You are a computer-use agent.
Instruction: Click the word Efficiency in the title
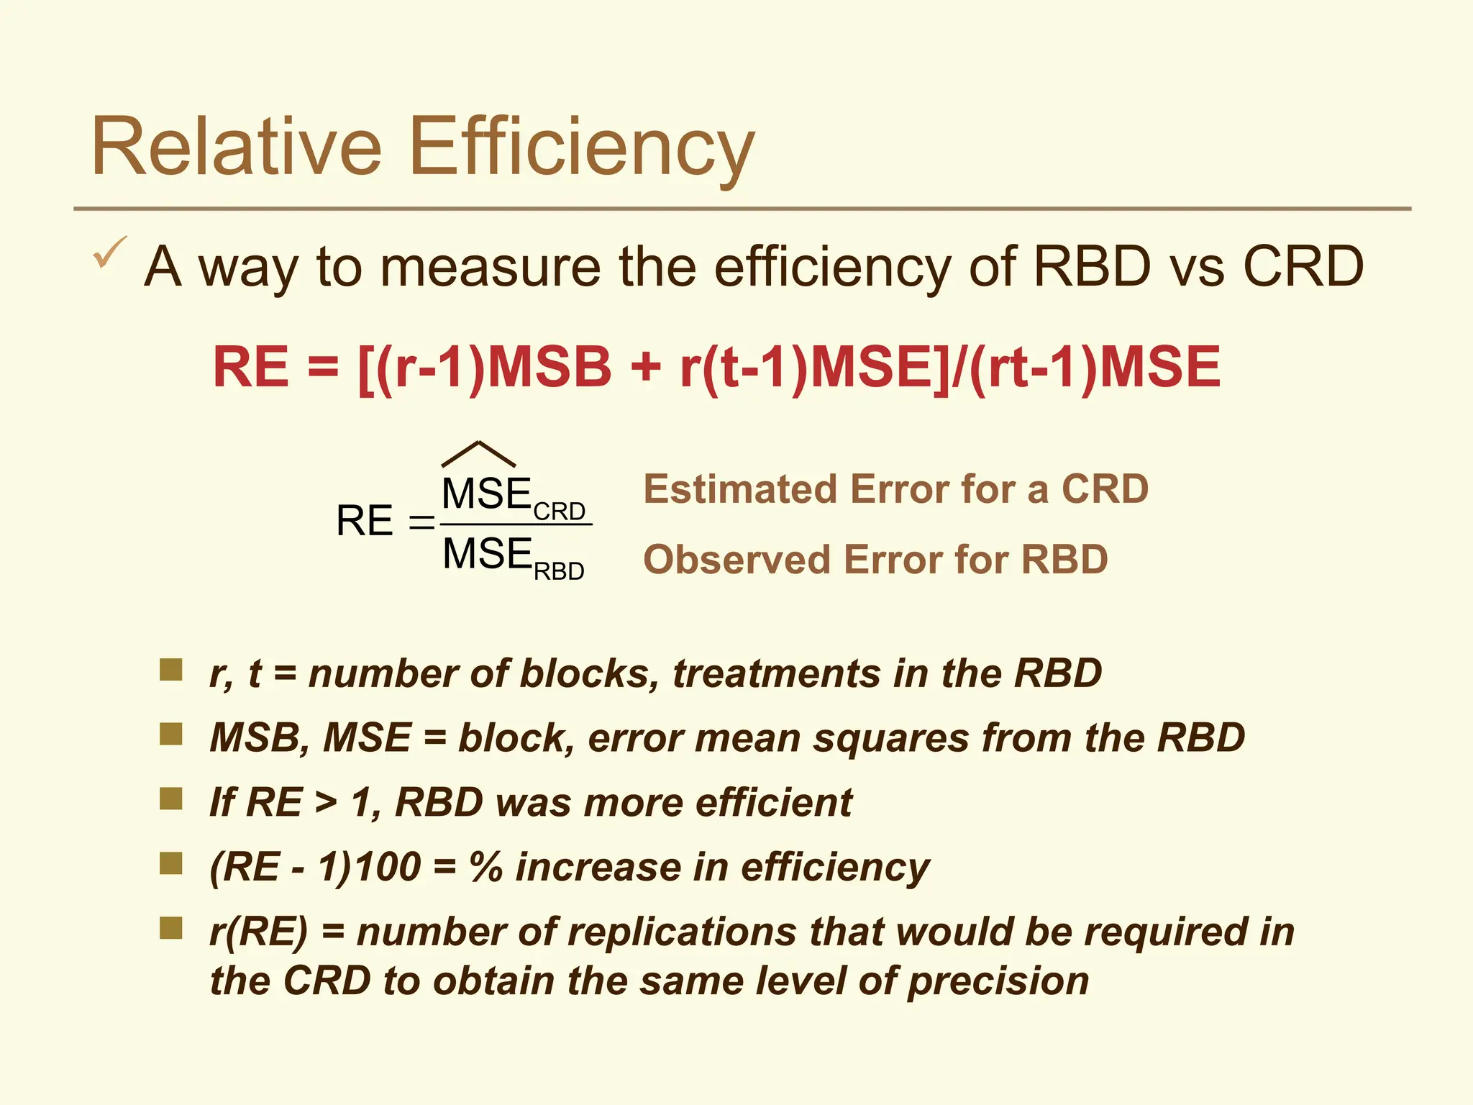[x=583, y=147]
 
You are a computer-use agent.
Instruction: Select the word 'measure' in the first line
[x=490, y=267]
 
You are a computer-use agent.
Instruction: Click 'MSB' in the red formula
[x=549, y=367]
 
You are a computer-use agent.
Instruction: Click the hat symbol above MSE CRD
[x=478, y=454]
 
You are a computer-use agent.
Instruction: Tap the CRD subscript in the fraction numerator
[x=560, y=511]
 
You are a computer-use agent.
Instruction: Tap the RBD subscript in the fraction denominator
[x=559, y=571]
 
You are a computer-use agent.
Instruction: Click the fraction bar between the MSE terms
[x=516, y=524]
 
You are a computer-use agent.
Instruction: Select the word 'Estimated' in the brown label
[x=741, y=489]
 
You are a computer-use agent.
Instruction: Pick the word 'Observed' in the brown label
[x=737, y=560]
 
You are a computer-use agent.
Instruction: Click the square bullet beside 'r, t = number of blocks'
[x=171, y=670]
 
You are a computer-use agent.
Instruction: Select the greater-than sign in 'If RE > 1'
[x=326, y=803]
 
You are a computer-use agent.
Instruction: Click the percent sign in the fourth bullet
[x=485, y=867]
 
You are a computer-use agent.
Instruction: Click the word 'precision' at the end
[x=998, y=981]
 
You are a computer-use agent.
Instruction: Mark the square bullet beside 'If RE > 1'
[x=171, y=799]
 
